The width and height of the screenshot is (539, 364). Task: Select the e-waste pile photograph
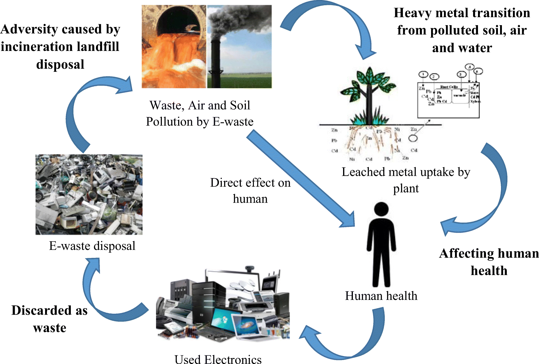89,194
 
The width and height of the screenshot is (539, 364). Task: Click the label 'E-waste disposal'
92,246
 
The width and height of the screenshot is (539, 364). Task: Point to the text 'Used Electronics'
218,359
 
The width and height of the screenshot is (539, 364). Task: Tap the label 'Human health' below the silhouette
381,296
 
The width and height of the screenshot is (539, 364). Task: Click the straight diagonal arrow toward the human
300,178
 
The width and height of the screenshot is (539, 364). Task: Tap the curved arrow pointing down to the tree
337,18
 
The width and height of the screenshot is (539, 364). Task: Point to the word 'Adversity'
29,29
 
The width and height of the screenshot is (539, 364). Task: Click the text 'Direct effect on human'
250,190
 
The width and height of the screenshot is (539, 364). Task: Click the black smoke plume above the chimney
236,18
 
